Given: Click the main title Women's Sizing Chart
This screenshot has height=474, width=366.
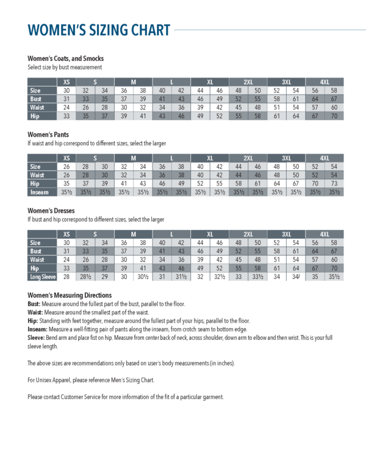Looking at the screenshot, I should tap(99, 30).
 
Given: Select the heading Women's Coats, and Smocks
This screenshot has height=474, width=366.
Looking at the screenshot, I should tap(65, 59).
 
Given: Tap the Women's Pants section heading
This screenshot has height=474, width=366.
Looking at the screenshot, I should tap(48, 135).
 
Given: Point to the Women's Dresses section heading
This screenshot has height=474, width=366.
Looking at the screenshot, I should tap(51, 211).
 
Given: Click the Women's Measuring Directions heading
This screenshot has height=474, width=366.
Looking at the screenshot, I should tap(70, 295).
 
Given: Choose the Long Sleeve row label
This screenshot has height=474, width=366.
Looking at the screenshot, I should tap(41, 276).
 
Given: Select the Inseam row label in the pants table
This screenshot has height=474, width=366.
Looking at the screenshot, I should tap(38, 192).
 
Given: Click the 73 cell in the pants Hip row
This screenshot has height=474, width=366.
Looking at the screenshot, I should tap(334, 184).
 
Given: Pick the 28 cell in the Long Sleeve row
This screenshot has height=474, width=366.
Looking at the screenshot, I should tap(66, 276).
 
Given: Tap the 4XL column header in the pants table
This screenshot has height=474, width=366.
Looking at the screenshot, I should tap(325, 158).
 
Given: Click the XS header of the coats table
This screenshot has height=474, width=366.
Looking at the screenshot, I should tap(66, 82).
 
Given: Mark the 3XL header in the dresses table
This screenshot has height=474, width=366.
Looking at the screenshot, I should tap(286, 234).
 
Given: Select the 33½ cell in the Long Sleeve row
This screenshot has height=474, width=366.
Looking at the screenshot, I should tap(257, 276).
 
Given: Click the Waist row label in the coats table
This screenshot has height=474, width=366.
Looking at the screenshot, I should tap(36, 107).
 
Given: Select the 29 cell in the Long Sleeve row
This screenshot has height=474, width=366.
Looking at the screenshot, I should tap(105, 276).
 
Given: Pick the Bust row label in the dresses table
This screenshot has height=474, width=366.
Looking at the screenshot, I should tap(35, 251).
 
